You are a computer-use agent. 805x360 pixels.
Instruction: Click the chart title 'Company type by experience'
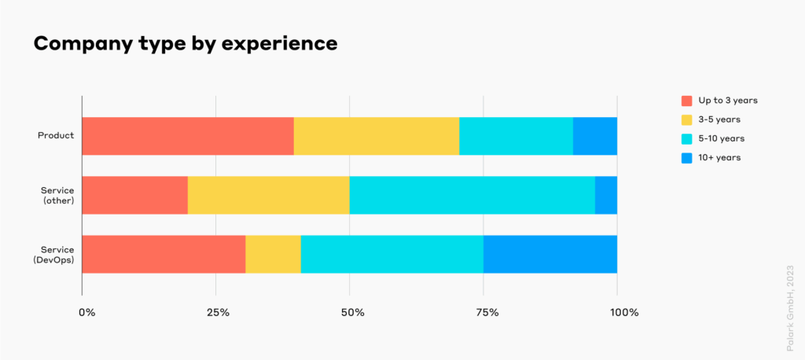[x=186, y=44]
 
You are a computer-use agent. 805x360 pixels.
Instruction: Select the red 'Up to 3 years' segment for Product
[x=188, y=136]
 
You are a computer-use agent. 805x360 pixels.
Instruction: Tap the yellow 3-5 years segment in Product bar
[x=377, y=136]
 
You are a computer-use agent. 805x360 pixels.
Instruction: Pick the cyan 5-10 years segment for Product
[x=516, y=136]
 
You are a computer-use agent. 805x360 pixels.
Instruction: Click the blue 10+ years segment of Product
[x=595, y=136]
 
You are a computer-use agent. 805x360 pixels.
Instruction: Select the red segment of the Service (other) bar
[x=134, y=195]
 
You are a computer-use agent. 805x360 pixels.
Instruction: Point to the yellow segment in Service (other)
[x=269, y=195]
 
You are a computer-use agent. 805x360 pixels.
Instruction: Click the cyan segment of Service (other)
[x=472, y=195]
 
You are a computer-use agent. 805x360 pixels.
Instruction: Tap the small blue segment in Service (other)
[x=606, y=195]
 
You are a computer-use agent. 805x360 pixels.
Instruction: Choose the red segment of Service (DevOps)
[x=164, y=254]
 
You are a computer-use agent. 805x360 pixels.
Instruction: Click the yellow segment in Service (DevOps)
[x=273, y=254]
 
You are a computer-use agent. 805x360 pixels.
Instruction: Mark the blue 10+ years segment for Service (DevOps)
[x=550, y=254]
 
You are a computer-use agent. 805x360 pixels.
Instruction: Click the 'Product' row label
[x=56, y=136]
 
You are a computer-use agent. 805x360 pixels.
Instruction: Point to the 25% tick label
[x=218, y=313]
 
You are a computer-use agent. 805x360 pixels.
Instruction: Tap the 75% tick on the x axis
[x=487, y=313]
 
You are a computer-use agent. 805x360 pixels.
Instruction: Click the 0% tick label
[x=86, y=313]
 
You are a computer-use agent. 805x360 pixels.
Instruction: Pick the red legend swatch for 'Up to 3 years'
[x=687, y=101]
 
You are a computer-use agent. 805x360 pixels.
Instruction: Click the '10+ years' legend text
[x=719, y=157]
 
